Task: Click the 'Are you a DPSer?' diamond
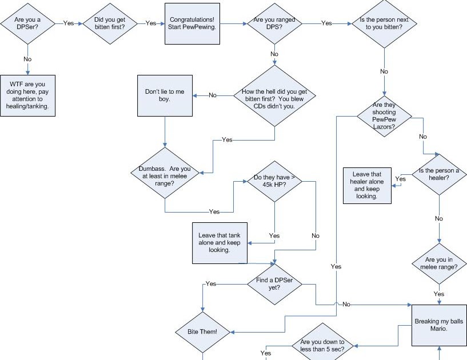pyautogui.click(x=27, y=23)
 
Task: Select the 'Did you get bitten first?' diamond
pyautogui.click(x=110, y=23)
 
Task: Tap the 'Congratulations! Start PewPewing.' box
pyautogui.click(x=192, y=23)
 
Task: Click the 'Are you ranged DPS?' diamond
pyautogui.click(x=274, y=23)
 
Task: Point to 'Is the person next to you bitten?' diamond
pyautogui.click(x=384, y=23)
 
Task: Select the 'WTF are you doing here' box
pyautogui.click(x=27, y=94)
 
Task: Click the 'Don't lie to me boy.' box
pyautogui.click(x=165, y=95)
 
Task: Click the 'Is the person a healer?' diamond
pyautogui.click(x=438, y=174)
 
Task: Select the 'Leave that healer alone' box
pyautogui.click(x=366, y=185)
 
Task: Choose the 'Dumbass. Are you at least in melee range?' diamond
pyautogui.click(x=165, y=173)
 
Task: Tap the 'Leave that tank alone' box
pyautogui.click(x=219, y=242)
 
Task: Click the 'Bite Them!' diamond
pyautogui.click(x=203, y=331)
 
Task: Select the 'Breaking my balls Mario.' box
pyautogui.click(x=439, y=324)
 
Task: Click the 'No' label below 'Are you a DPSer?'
pyautogui.click(x=27, y=59)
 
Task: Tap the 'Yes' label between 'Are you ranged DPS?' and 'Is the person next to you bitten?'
pyautogui.click(x=326, y=23)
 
